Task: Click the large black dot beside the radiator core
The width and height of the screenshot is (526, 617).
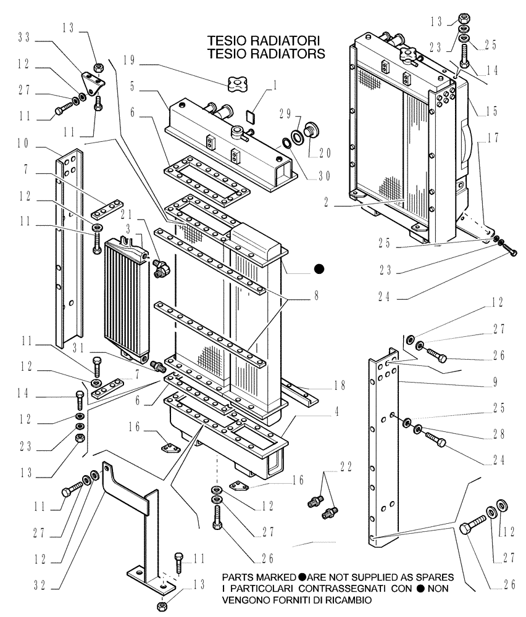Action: (319, 268)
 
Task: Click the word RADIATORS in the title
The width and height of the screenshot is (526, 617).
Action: (284, 54)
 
